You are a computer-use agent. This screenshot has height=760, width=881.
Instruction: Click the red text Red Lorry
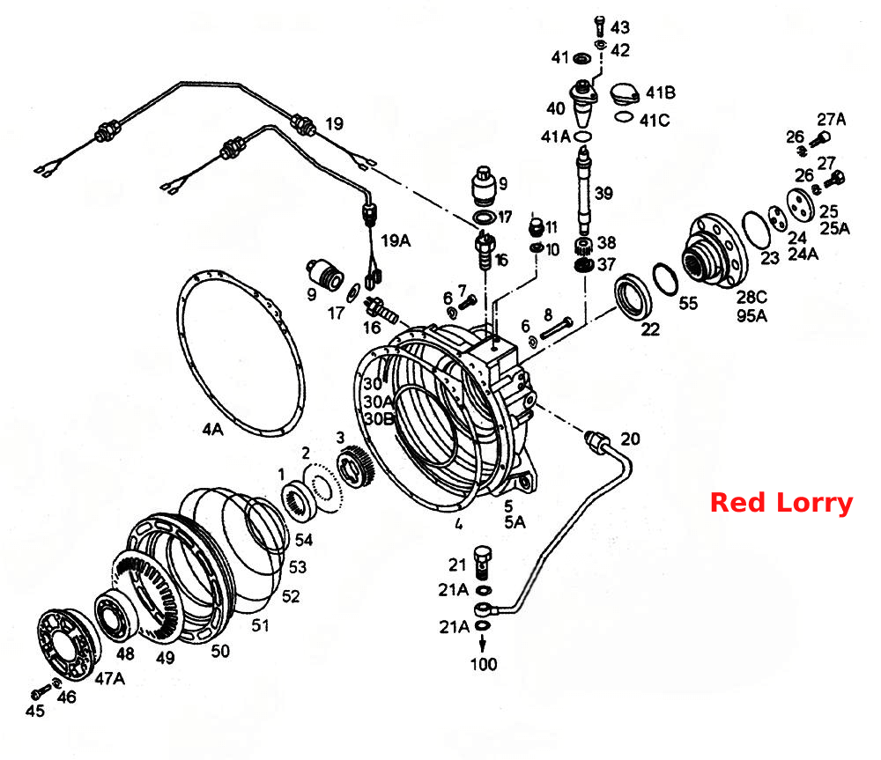point(781,503)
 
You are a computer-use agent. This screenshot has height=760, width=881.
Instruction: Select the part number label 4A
point(213,430)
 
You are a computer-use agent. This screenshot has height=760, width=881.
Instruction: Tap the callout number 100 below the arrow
point(483,665)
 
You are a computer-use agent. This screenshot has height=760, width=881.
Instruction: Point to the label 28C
point(751,297)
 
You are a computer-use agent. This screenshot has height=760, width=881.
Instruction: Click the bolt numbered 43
point(600,26)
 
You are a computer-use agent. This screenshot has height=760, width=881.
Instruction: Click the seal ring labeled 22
point(634,297)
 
